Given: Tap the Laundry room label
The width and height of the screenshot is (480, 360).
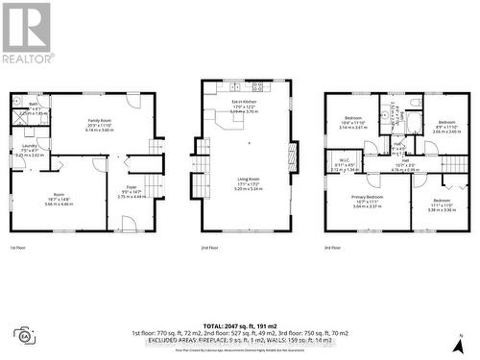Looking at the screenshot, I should click(x=29, y=147).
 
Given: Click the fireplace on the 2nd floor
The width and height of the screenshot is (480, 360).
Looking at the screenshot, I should click(x=294, y=153).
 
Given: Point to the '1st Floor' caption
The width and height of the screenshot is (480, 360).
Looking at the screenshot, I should click(x=18, y=248).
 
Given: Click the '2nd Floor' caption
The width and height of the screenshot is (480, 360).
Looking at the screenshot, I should click(x=209, y=248).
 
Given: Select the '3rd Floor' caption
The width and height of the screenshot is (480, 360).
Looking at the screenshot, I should click(x=333, y=248).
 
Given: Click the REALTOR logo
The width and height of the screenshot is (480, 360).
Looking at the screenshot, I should click(x=26, y=32).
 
